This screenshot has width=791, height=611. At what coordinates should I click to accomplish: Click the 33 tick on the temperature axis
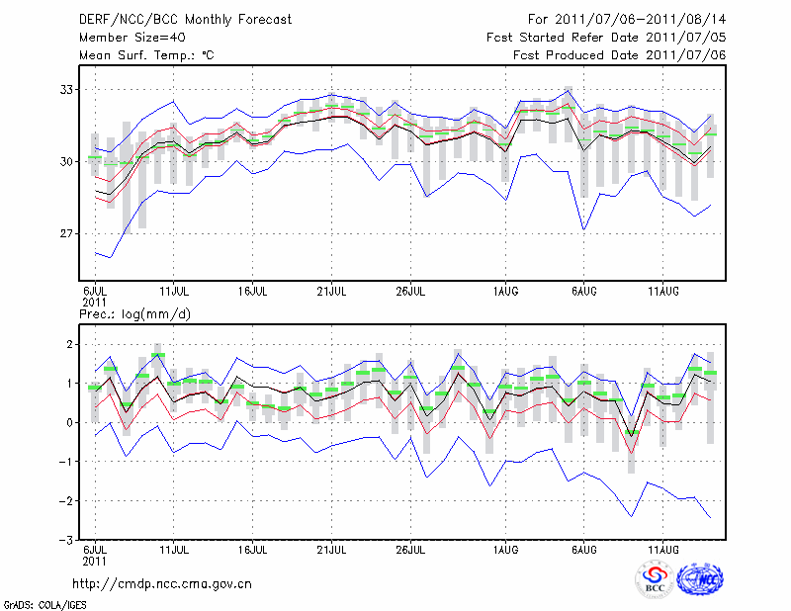[65, 89]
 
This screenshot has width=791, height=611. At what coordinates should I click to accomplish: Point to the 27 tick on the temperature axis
[65, 233]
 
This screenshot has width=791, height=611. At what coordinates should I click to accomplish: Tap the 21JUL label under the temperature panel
[332, 292]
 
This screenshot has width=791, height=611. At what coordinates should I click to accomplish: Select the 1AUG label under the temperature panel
[505, 292]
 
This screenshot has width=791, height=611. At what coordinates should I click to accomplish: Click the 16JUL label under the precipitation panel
[253, 549]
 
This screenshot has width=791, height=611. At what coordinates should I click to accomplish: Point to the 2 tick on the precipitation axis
[70, 344]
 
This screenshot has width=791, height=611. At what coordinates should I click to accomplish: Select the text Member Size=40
[132, 38]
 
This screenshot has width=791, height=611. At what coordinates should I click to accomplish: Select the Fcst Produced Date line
[620, 55]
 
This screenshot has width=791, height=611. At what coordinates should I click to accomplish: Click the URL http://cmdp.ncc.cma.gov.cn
[162, 584]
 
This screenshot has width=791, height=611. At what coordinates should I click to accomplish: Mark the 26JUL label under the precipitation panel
[410, 549]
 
